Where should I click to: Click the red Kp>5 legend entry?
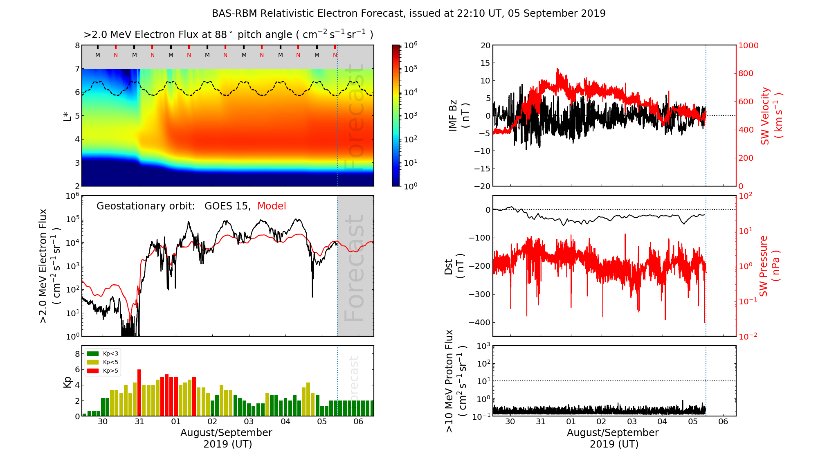pyautogui.click(x=102, y=371)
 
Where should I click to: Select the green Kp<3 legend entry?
pyautogui.click(x=102, y=353)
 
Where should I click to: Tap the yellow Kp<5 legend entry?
pyautogui.click(x=102, y=362)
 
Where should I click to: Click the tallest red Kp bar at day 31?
pyautogui.click(x=139, y=393)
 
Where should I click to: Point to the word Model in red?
pyautogui.click(x=272, y=206)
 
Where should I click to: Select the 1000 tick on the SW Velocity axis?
pyautogui.click(x=748, y=45)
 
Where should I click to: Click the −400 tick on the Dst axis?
pyautogui.click(x=479, y=322)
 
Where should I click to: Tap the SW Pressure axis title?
pyautogui.click(x=769, y=266)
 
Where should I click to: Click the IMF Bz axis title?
pyautogui.click(x=458, y=115)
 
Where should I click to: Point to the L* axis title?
pyautogui.click(x=67, y=115)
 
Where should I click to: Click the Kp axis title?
pyautogui.click(x=67, y=382)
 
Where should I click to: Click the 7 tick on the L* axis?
pyautogui.click(x=77, y=69)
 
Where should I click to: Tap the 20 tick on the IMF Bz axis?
pyautogui.click(x=485, y=45)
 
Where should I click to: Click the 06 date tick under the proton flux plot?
pyautogui.click(x=723, y=422)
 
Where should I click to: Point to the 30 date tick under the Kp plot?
pyautogui.click(x=103, y=422)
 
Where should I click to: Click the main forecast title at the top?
pyautogui.click(x=409, y=13)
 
